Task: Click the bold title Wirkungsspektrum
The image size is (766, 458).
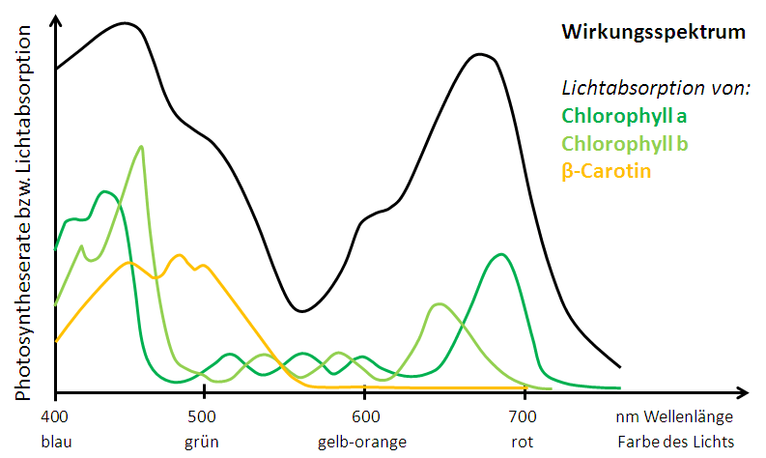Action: coord(654,32)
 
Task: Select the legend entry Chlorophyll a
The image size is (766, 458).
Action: coord(624,117)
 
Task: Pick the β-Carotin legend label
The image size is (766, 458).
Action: coord(606,172)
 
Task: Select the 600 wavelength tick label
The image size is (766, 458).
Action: coord(362,416)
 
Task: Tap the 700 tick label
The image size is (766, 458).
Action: coord(524,416)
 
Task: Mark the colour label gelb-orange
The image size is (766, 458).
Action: coord(362,442)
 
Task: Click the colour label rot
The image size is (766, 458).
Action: coord(524,442)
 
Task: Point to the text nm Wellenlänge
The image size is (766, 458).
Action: coord(675,416)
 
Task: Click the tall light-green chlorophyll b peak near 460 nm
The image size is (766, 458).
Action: coord(142,147)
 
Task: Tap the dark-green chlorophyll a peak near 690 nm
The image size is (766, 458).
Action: coord(500,255)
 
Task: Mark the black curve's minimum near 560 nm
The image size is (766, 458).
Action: coord(301,311)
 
